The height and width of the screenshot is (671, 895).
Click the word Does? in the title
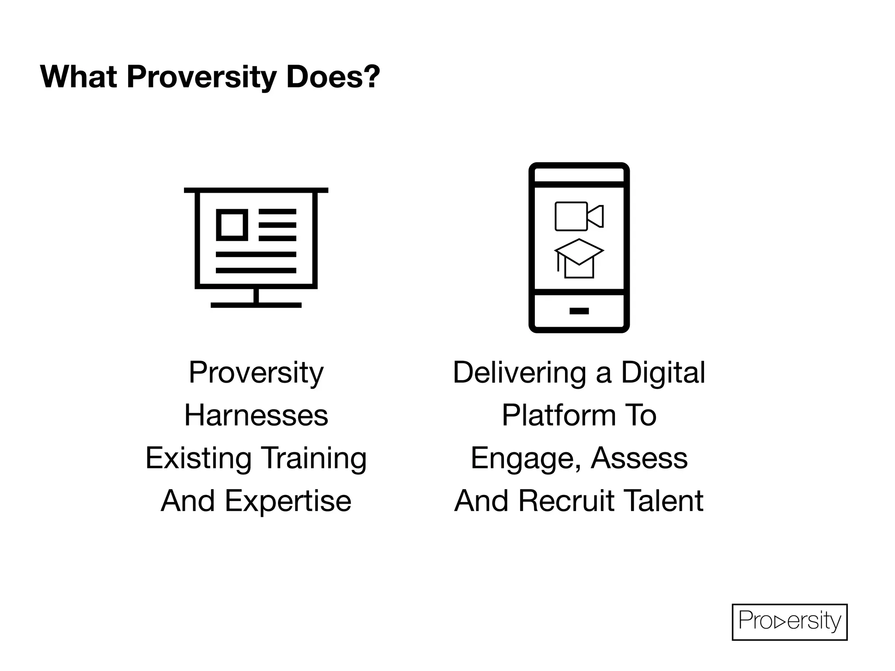coord(333,77)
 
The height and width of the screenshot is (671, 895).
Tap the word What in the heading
coord(78,77)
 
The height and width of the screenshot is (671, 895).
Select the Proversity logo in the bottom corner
coord(789,622)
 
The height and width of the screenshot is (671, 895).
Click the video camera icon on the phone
coord(579,216)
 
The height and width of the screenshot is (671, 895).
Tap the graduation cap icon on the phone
coord(579,258)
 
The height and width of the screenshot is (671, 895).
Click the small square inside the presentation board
coord(232,225)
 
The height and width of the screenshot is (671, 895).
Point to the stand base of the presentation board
coord(256,305)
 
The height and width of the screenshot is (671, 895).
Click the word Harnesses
coord(256,415)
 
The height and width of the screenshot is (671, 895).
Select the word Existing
coord(198,458)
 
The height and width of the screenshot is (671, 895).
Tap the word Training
coord(314,458)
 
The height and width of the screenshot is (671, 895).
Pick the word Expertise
coord(288,501)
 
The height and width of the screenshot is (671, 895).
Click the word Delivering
coord(519,373)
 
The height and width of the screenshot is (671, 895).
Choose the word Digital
coord(663,373)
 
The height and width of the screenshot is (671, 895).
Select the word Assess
coord(639,458)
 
